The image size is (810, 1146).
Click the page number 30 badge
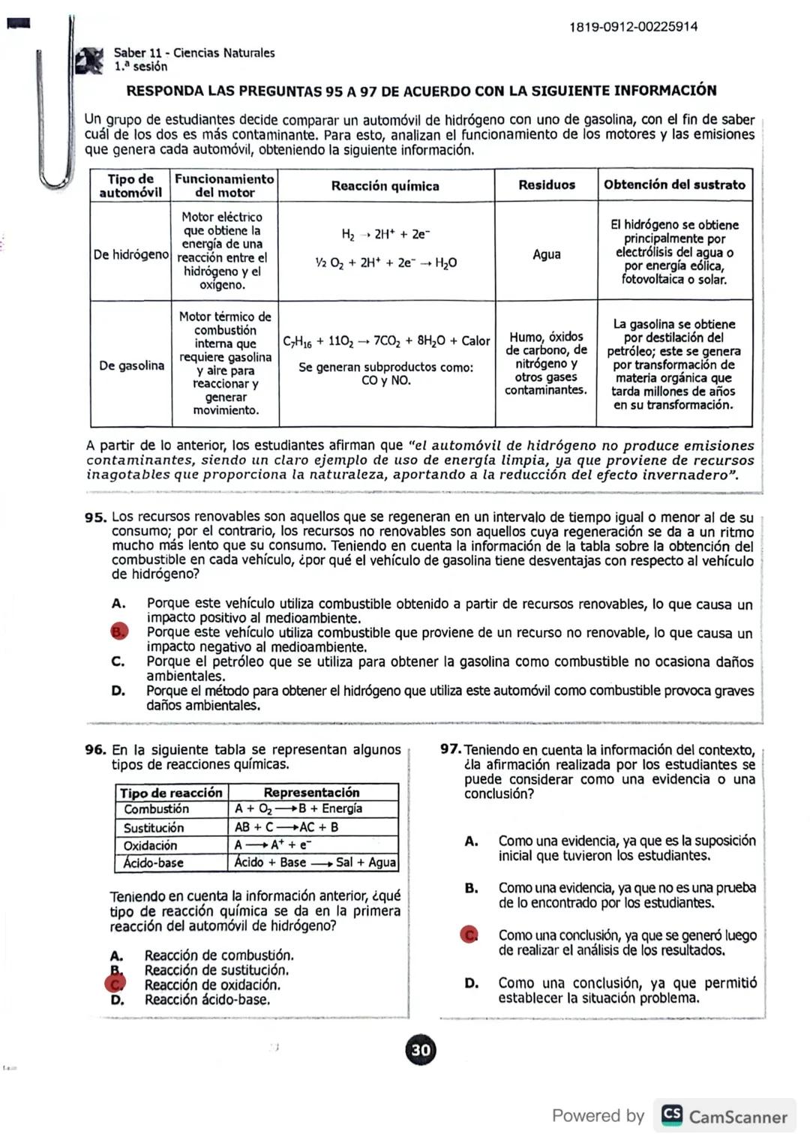(421, 1050)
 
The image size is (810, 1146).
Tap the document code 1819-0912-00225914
(633, 27)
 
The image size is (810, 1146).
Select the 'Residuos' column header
(547, 185)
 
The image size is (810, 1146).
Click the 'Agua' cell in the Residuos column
(547, 254)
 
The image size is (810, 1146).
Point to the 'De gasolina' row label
(131, 365)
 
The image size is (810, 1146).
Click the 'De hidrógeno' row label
(131, 255)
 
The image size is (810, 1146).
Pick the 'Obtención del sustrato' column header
(674, 184)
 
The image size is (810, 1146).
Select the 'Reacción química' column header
(385, 186)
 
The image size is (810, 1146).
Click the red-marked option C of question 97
(469, 935)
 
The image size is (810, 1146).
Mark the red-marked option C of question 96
(116, 984)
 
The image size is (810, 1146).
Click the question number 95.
(95, 517)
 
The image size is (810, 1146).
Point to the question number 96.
(95, 750)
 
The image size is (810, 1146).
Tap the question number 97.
(450, 750)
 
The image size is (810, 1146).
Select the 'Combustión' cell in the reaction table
(157, 809)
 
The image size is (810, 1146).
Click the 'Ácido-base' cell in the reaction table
(154, 863)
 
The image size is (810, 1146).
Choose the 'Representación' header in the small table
(311, 793)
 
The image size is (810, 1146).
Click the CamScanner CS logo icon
(672, 1115)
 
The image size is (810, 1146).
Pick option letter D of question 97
(471, 983)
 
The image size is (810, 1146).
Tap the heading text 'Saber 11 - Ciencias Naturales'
(194, 53)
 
